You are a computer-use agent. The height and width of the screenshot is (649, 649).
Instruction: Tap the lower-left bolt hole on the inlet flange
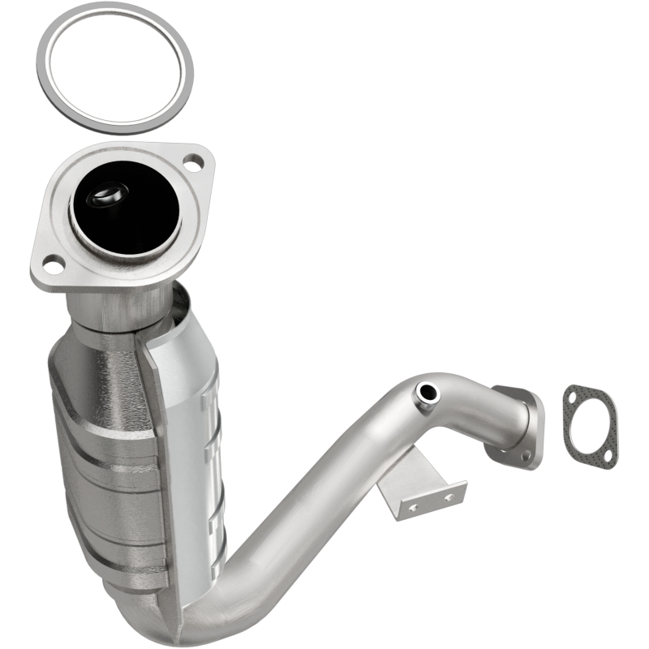pos(53,263)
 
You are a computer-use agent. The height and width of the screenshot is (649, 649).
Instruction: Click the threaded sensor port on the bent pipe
pos(425,393)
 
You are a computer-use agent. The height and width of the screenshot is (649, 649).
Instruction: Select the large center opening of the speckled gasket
pos(590,427)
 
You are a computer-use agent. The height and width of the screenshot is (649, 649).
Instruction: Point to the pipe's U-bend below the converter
pos(203,612)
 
